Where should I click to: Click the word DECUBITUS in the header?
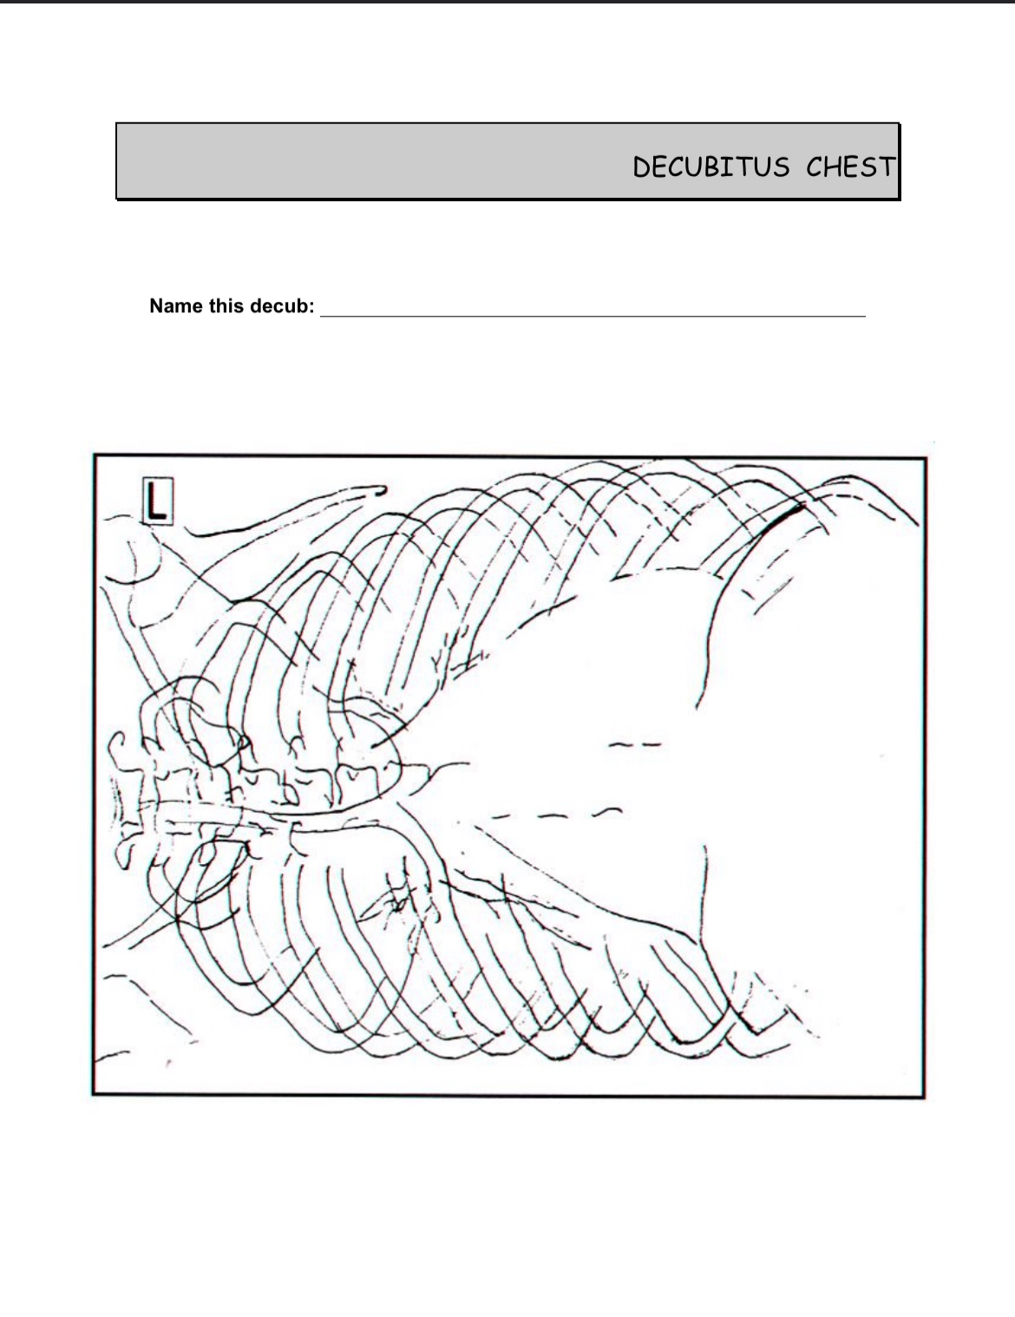[x=710, y=167]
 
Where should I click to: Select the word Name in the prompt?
[x=176, y=306]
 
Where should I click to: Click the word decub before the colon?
[x=278, y=306]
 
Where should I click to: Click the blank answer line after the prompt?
[x=593, y=314]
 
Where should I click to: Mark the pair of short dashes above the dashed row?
[x=636, y=744]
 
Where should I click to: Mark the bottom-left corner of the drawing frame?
[x=94, y=1094]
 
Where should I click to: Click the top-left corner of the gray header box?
[x=117, y=124]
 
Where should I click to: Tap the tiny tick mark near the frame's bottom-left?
[x=167, y=1062]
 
